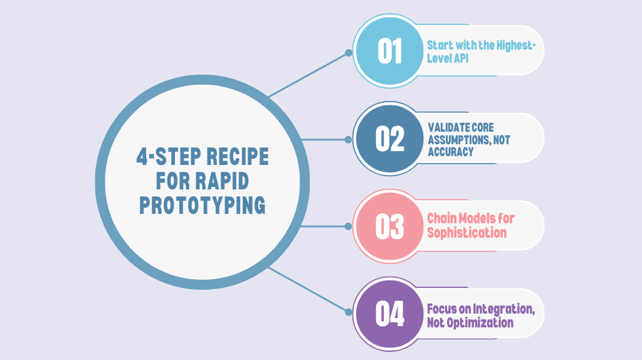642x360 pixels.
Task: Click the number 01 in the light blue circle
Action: click(389, 51)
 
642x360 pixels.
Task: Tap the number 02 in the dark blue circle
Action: click(389, 139)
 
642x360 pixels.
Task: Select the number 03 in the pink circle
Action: click(389, 226)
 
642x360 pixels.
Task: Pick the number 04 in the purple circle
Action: click(389, 314)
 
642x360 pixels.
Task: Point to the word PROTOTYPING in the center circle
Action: click(202, 205)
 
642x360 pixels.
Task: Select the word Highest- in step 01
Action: click(514, 45)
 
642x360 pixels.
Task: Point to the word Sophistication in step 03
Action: click(466, 232)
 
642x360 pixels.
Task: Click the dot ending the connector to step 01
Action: click(349, 53)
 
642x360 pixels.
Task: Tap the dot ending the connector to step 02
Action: click(349, 139)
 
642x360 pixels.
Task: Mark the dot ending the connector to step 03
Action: click(349, 225)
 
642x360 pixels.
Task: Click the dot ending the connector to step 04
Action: click(349, 310)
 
